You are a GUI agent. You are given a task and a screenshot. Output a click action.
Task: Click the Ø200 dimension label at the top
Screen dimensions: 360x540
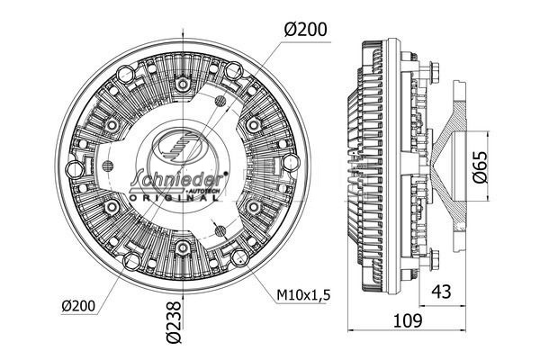[x=303, y=29]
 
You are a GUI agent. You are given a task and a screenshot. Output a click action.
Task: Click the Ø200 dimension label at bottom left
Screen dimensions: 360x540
[x=81, y=306]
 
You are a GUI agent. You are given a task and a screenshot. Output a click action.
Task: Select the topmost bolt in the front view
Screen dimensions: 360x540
[x=183, y=83]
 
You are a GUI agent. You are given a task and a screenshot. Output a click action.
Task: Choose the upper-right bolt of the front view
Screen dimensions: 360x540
[x=254, y=123]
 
